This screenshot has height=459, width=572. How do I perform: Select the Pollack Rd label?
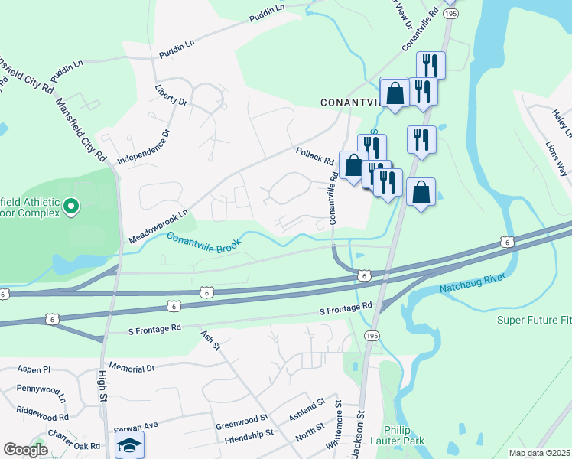click(x=315, y=156)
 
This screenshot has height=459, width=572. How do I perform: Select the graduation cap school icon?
click(x=129, y=446)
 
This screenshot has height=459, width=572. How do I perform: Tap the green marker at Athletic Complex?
click(x=71, y=206)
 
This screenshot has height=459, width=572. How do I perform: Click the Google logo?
click(x=25, y=450)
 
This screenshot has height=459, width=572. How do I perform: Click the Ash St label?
click(x=210, y=340)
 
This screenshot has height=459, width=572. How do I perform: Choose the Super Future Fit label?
click(x=534, y=320)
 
